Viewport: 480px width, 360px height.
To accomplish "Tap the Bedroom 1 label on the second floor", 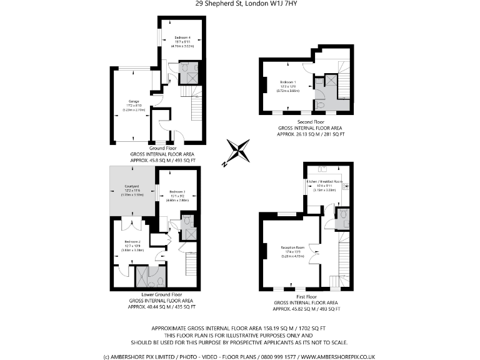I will point(288,82).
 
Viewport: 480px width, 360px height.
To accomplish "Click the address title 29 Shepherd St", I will point(240,4).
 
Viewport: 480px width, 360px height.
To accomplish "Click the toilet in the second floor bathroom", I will point(319,105).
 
